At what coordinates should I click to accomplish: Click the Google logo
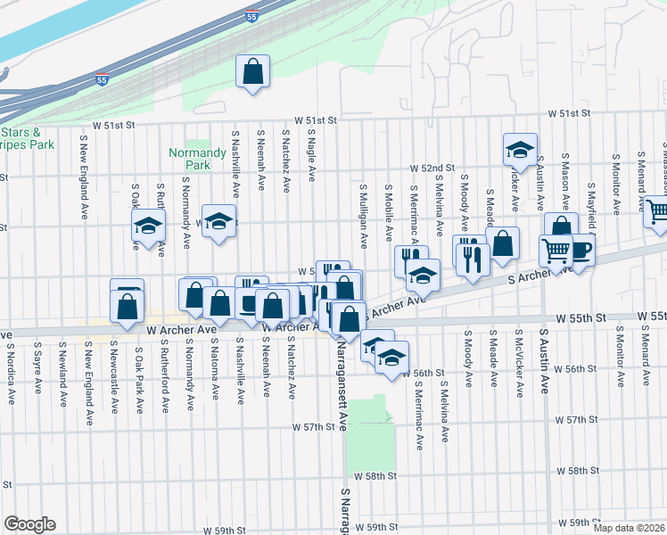29,524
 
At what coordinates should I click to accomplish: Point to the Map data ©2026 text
630,528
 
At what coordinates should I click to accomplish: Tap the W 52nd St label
432,168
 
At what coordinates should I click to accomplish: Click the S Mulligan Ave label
364,217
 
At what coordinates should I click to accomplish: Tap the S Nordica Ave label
12,365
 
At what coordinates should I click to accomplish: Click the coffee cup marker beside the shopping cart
581,251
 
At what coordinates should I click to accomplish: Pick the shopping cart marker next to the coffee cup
556,251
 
